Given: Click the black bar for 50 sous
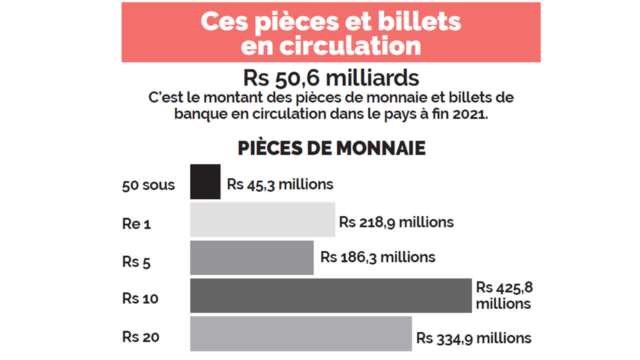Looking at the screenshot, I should [x=205, y=182].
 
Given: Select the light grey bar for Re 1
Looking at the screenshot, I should [x=262, y=219].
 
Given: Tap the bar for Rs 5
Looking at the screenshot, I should [x=251, y=257].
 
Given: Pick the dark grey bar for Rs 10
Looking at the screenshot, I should [x=330, y=295].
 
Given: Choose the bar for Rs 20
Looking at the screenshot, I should [x=300, y=333].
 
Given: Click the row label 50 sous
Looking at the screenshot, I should [x=148, y=185].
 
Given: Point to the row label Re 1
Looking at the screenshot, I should [x=136, y=223].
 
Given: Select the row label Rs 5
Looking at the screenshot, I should [x=136, y=261].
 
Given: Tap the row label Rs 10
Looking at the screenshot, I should [x=140, y=298].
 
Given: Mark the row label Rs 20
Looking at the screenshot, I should [x=140, y=336].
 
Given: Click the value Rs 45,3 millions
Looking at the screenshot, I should [x=280, y=184].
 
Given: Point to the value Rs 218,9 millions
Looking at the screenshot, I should [x=396, y=222].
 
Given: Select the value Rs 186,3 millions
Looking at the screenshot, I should [x=378, y=257].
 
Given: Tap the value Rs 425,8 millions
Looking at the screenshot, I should [x=503, y=295].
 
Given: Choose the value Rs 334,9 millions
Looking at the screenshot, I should [x=474, y=338].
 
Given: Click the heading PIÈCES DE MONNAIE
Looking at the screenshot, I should [x=331, y=148].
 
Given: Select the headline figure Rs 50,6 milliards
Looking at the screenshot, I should [x=331, y=78].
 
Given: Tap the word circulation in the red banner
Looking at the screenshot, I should [x=350, y=46].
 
